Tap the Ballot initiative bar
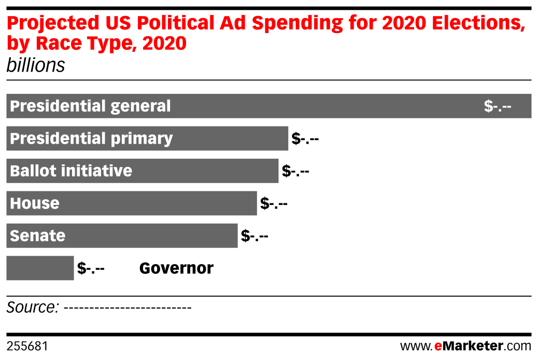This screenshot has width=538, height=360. click(207, 171)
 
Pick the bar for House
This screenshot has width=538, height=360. click(155, 203)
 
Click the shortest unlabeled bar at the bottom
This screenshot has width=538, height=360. click(40, 268)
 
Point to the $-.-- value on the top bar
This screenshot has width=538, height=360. click(498, 106)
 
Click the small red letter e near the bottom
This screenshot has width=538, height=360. click(438, 347)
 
